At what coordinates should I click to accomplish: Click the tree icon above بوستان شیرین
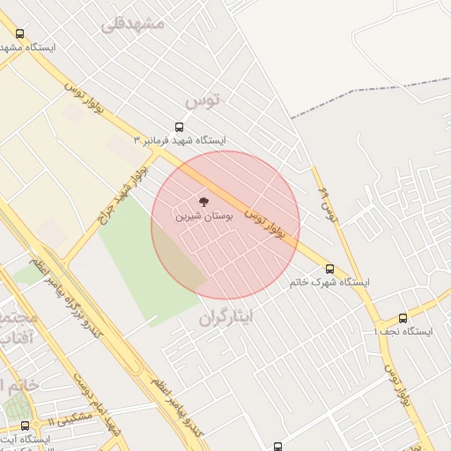(203, 202)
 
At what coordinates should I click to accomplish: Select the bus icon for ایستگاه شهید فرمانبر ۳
(180, 127)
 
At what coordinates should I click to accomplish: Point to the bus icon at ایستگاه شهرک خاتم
(329, 269)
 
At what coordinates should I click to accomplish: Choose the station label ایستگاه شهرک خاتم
(329, 283)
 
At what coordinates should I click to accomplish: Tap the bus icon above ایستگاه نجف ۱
(403, 318)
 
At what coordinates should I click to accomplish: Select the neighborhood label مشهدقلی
(133, 24)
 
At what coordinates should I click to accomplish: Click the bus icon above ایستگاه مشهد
(20, 33)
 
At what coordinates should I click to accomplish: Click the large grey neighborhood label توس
(203, 100)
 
